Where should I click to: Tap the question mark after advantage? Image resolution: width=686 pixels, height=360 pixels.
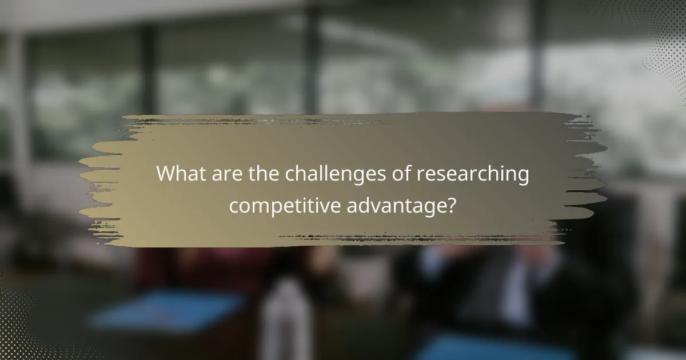[451, 204]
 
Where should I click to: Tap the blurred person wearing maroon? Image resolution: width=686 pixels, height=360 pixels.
[189, 269]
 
